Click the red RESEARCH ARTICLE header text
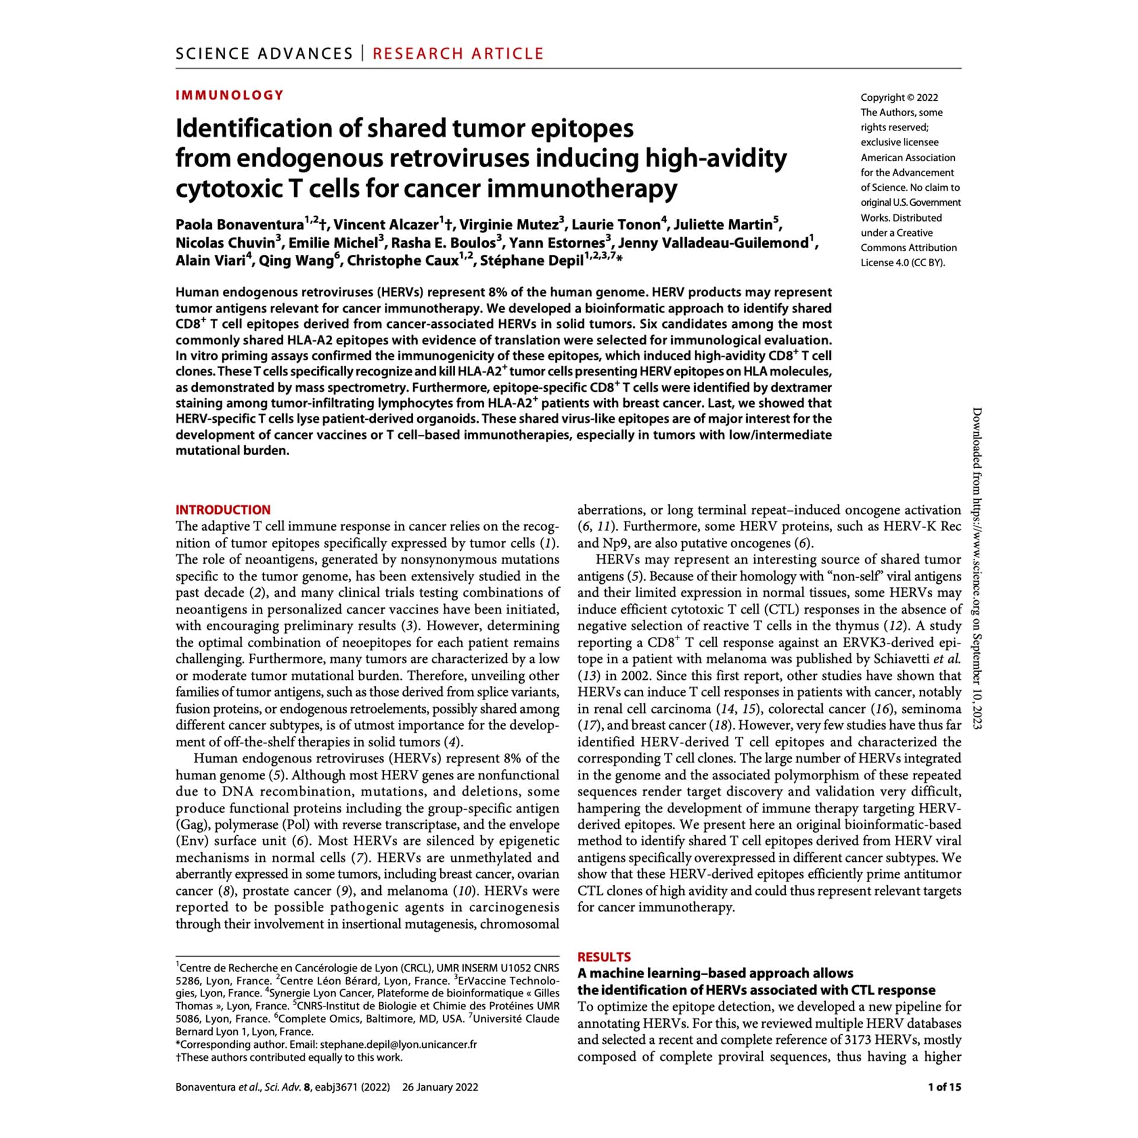(458, 54)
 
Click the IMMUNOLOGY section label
(229, 95)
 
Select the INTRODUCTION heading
(223, 510)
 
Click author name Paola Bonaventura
(239, 225)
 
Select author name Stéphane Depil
(532, 261)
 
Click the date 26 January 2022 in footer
(440, 1087)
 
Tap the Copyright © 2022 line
(899, 98)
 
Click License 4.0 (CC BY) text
(903, 263)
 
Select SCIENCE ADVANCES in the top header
(264, 54)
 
